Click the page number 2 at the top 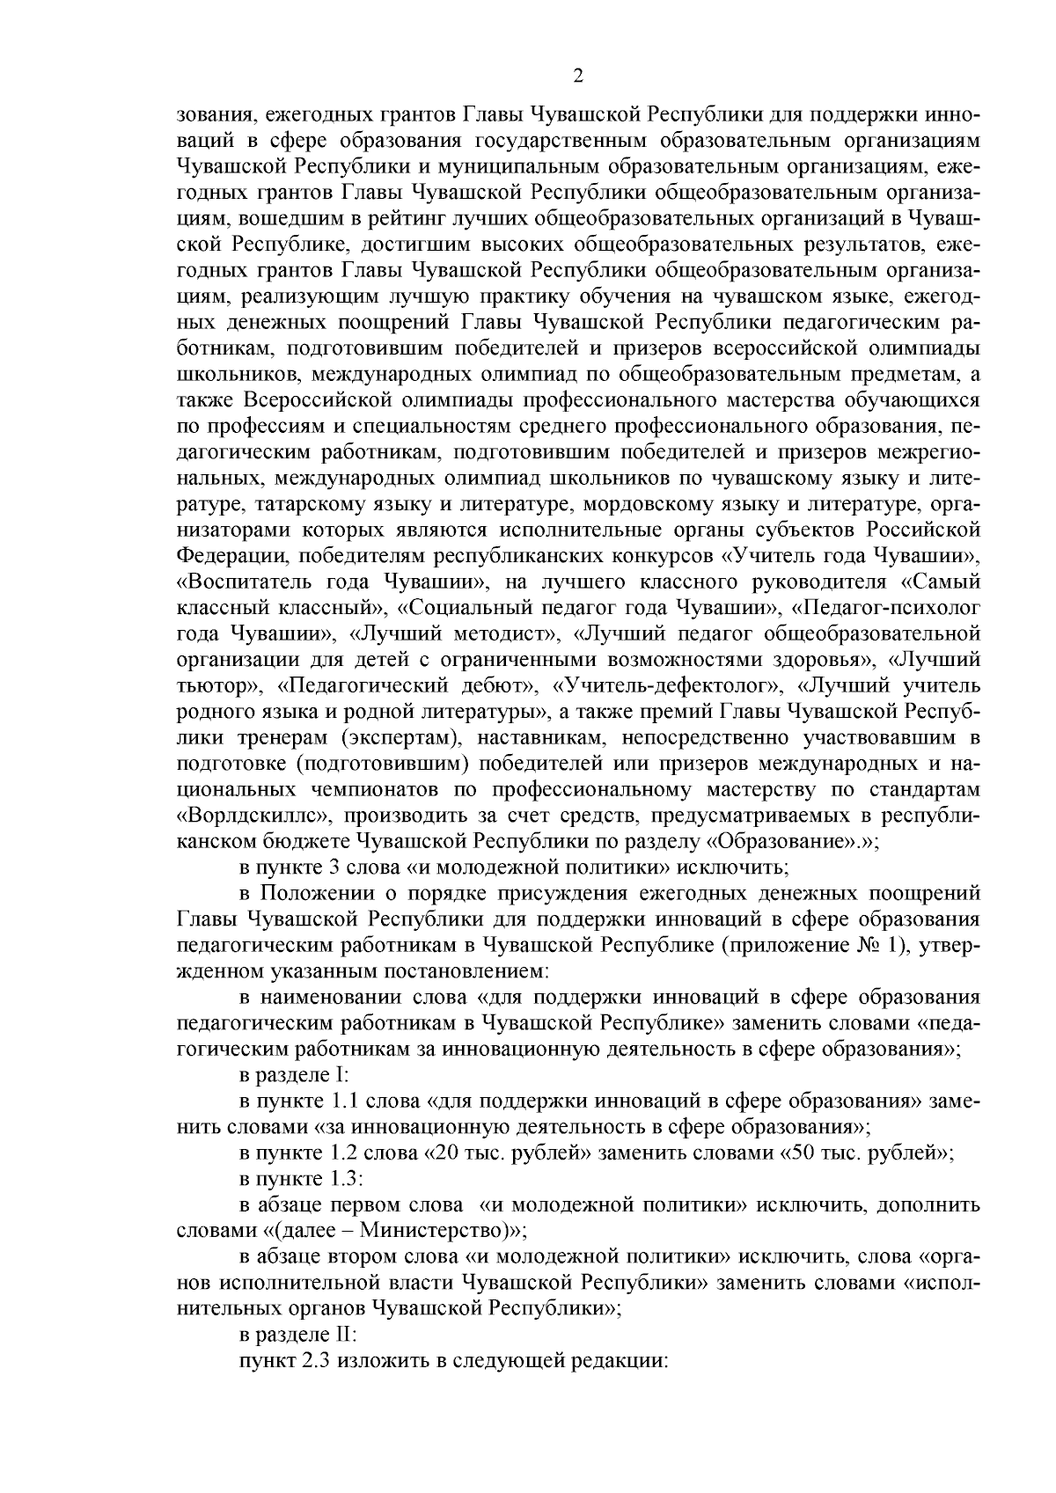click(x=578, y=77)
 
